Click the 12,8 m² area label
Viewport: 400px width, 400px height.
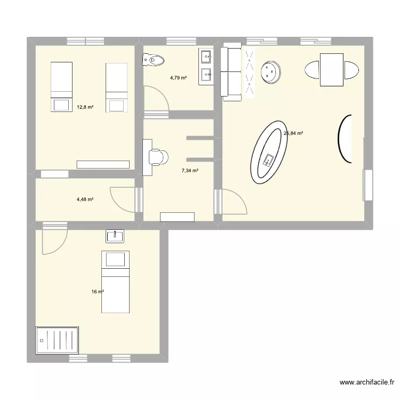85,107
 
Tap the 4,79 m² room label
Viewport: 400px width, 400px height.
179,78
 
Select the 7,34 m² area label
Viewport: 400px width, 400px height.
190,171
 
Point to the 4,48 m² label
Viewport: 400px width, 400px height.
85,199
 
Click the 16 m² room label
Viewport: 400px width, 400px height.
97,292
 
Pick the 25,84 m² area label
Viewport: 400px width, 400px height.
293,134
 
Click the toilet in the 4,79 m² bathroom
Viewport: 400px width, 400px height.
152,61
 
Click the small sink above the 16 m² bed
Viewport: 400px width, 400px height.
115,236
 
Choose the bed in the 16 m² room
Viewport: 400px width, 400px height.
115,281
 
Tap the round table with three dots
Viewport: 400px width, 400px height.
271,71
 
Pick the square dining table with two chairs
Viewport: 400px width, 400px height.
331,70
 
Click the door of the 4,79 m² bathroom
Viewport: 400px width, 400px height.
156,100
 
